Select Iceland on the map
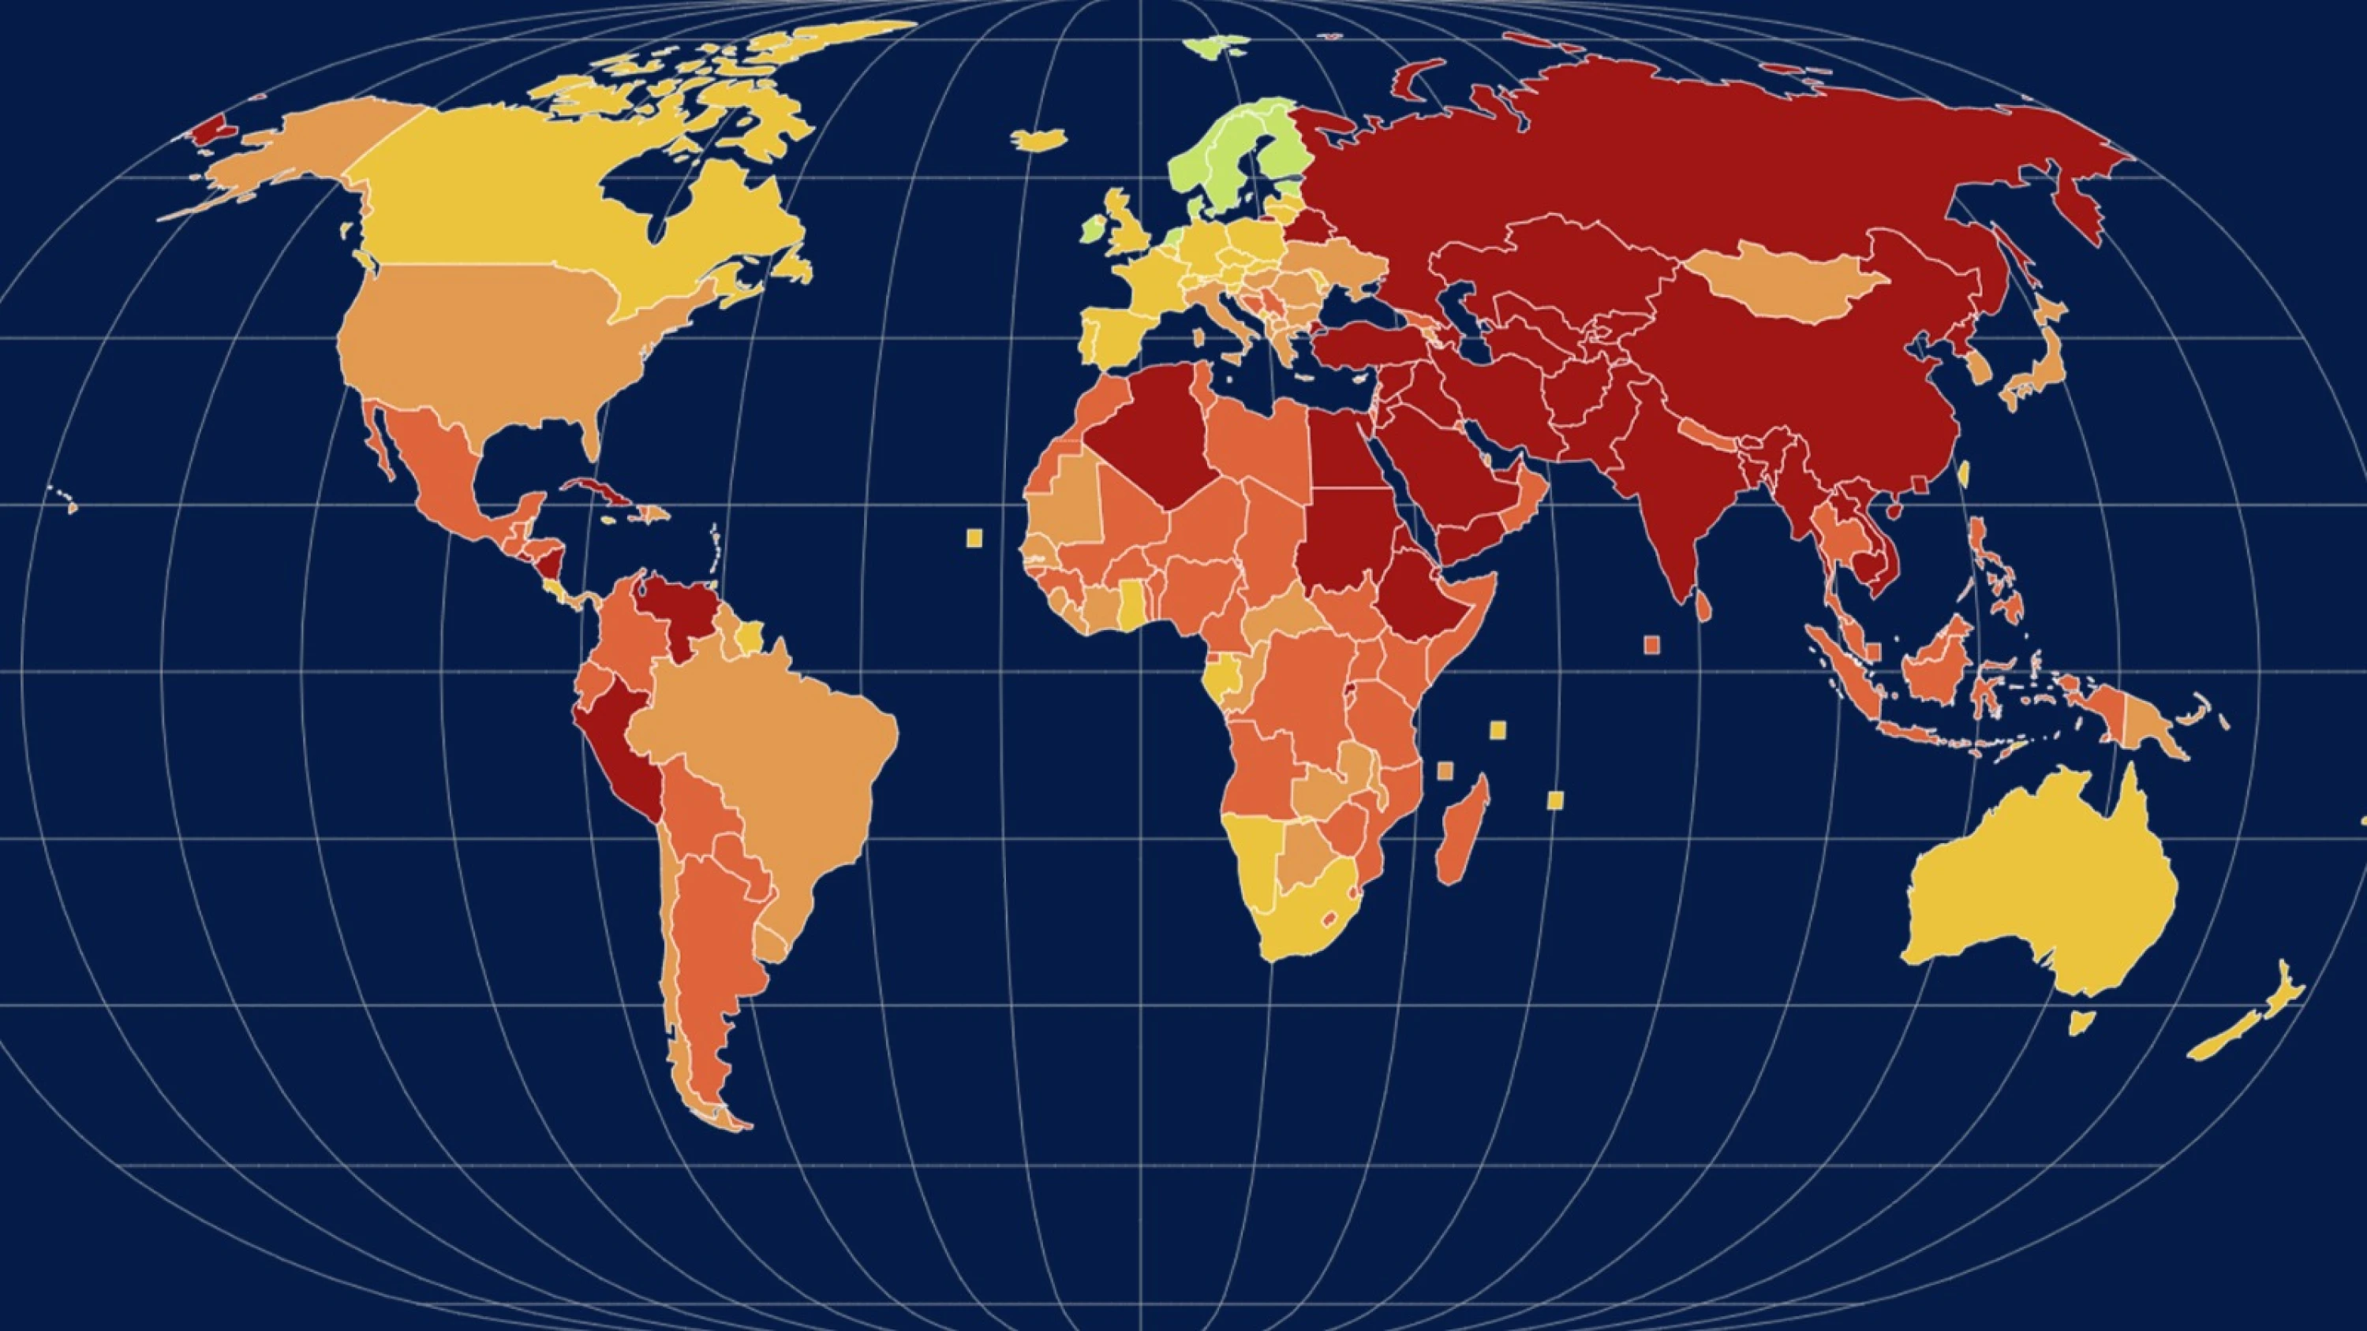point(1039,140)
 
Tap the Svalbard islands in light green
point(1215,45)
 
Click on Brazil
point(772,762)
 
